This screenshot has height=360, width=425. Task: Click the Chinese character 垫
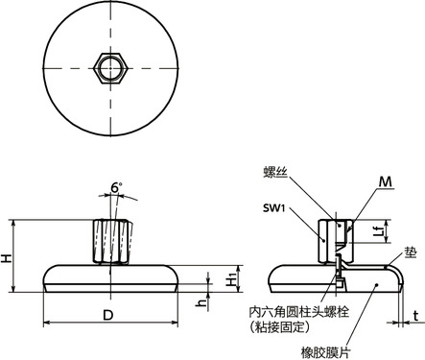(x=410, y=252)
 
